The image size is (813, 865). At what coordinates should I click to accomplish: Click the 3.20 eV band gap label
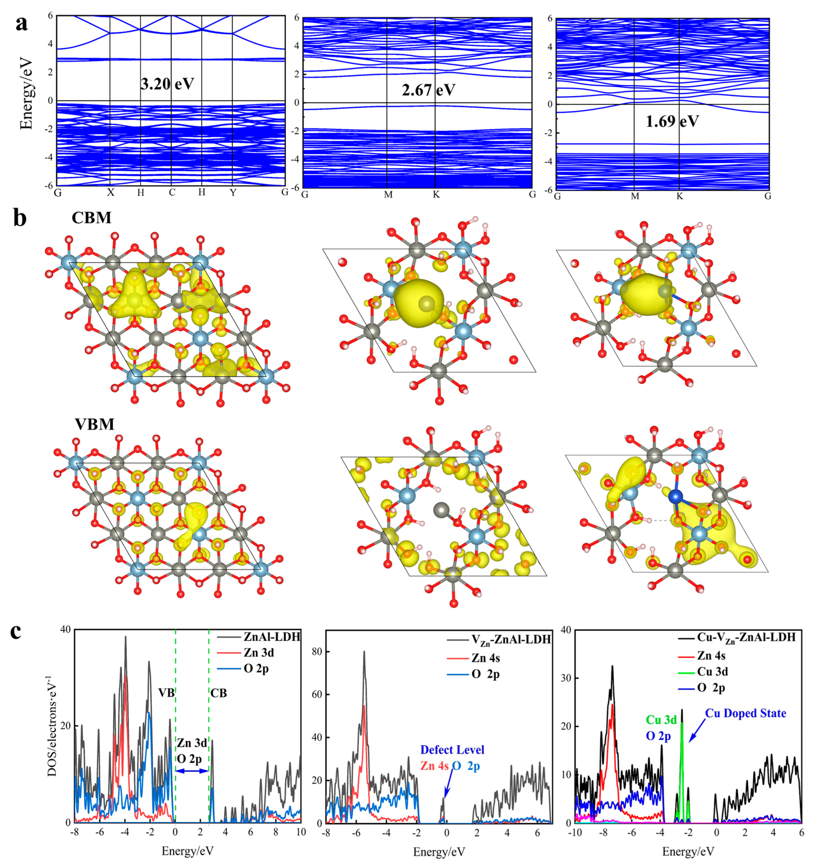[167, 83]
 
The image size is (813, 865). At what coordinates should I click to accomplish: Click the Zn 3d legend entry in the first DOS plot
[259, 653]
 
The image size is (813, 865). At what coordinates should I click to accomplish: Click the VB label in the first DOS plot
[166, 693]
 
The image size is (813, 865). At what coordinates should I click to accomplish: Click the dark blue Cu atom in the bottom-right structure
[675, 496]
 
